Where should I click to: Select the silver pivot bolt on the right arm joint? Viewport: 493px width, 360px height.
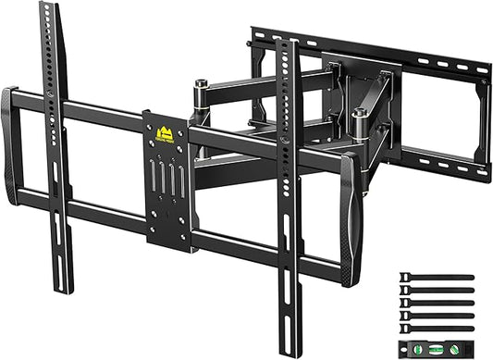click(359, 116)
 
